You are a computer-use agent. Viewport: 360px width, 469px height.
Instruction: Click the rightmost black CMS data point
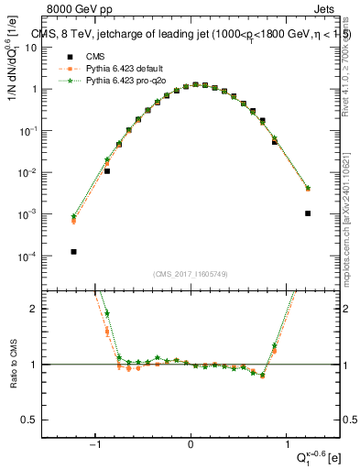point(308,213)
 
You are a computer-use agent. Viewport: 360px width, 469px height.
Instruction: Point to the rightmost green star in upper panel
point(308,188)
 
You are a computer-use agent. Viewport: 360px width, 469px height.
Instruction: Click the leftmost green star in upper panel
point(73,216)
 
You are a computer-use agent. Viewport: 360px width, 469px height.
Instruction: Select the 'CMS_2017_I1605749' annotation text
point(191,274)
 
